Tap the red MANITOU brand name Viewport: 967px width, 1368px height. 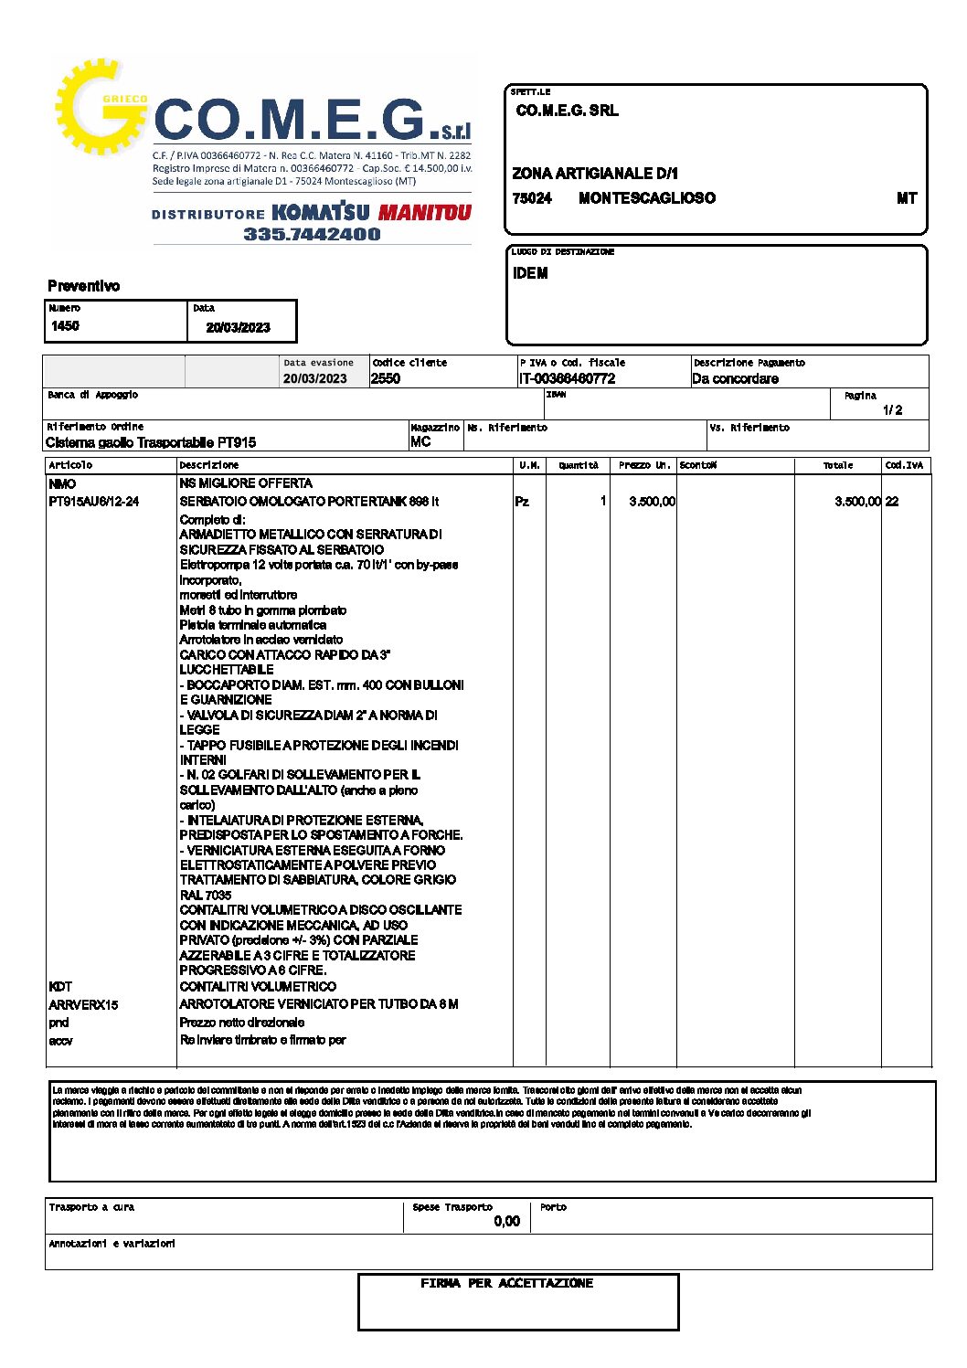424,213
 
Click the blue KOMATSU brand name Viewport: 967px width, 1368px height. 321,212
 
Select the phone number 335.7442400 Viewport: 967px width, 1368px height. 312,234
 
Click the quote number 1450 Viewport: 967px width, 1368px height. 65,326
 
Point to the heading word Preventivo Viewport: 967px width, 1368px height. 83,286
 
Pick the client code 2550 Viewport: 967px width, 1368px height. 386,378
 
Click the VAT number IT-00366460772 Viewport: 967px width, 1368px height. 567,378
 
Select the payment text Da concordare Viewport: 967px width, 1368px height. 735,378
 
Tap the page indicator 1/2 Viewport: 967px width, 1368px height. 893,410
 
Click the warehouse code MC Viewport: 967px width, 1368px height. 420,441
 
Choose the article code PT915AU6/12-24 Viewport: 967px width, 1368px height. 93,502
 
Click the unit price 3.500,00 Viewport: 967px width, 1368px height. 652,502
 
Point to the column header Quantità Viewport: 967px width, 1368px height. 579,466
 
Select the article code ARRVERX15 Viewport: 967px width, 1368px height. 83,1004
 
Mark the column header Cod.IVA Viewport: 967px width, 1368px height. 904,466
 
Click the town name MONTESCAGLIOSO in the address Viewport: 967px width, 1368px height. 646,198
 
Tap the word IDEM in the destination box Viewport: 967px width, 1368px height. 530,273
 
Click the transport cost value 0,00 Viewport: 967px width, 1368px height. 506,1221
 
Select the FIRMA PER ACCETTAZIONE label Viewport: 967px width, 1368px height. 506,1284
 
